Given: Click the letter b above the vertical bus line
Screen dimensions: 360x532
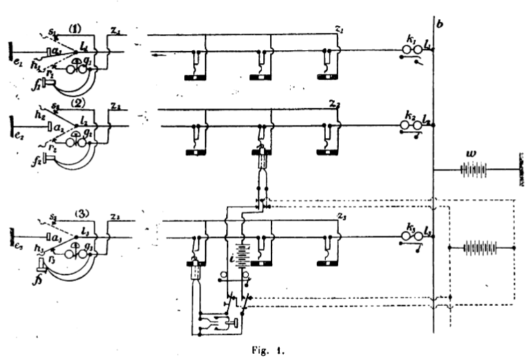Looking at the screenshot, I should pyautogui.click(x=439, y=26).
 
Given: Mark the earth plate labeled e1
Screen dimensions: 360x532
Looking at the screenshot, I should pyautogui.click(x=10, y=51).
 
